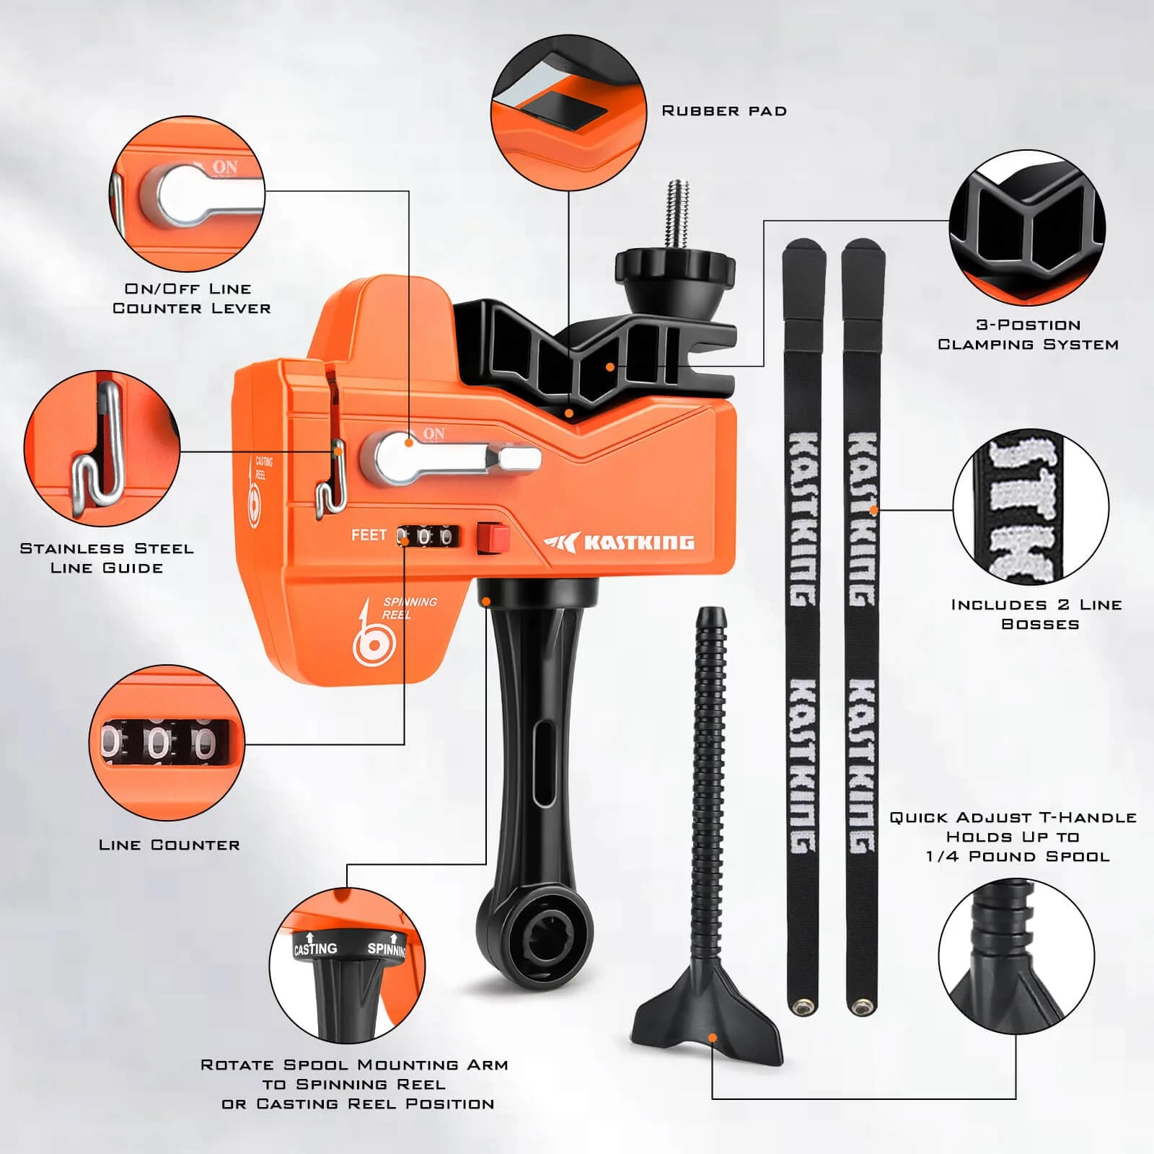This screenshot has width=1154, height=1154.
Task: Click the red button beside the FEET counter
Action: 493,539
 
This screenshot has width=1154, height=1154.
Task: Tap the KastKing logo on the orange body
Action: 620,542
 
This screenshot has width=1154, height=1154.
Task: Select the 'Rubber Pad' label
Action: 724,111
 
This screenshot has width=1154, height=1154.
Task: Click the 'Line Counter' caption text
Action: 169,845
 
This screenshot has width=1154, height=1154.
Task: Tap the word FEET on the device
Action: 369,535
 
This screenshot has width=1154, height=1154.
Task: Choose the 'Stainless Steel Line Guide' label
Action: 107,558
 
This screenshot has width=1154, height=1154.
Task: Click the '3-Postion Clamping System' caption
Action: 1028,335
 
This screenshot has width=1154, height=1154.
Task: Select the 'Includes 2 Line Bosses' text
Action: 1037,615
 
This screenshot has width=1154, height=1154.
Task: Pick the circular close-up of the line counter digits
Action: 167,743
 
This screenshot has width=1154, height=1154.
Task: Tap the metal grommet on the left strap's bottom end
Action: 802,1005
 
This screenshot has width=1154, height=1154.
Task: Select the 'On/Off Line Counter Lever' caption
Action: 192,299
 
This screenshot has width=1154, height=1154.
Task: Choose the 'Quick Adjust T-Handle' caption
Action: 1013,837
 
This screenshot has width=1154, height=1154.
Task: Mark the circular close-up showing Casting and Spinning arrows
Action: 347,965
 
